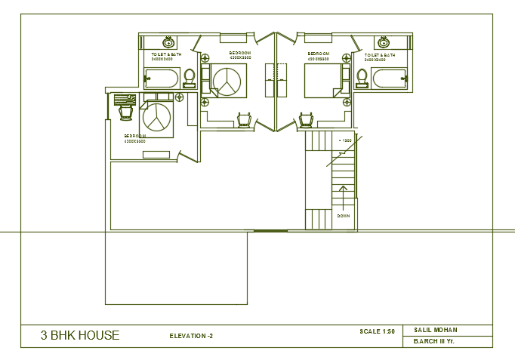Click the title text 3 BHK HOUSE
(80, 336)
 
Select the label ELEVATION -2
(191, 336)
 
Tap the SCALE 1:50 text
(378, 331)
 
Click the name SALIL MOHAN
(436, 330)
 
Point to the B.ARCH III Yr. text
(434, 342)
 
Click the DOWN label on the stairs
(344, 216)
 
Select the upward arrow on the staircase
(344, 195)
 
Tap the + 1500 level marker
(345, 141)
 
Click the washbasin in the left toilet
(167, 42)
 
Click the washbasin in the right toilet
(383, 42)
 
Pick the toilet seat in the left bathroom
(189, 76)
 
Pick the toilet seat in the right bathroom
(362, 76)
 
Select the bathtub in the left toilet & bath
(162, 78)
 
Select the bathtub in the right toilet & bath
(389, 78)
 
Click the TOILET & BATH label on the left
(166, 55)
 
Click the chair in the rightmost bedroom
(306, 119)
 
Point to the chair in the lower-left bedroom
(126, 111)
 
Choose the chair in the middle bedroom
(243, 119)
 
